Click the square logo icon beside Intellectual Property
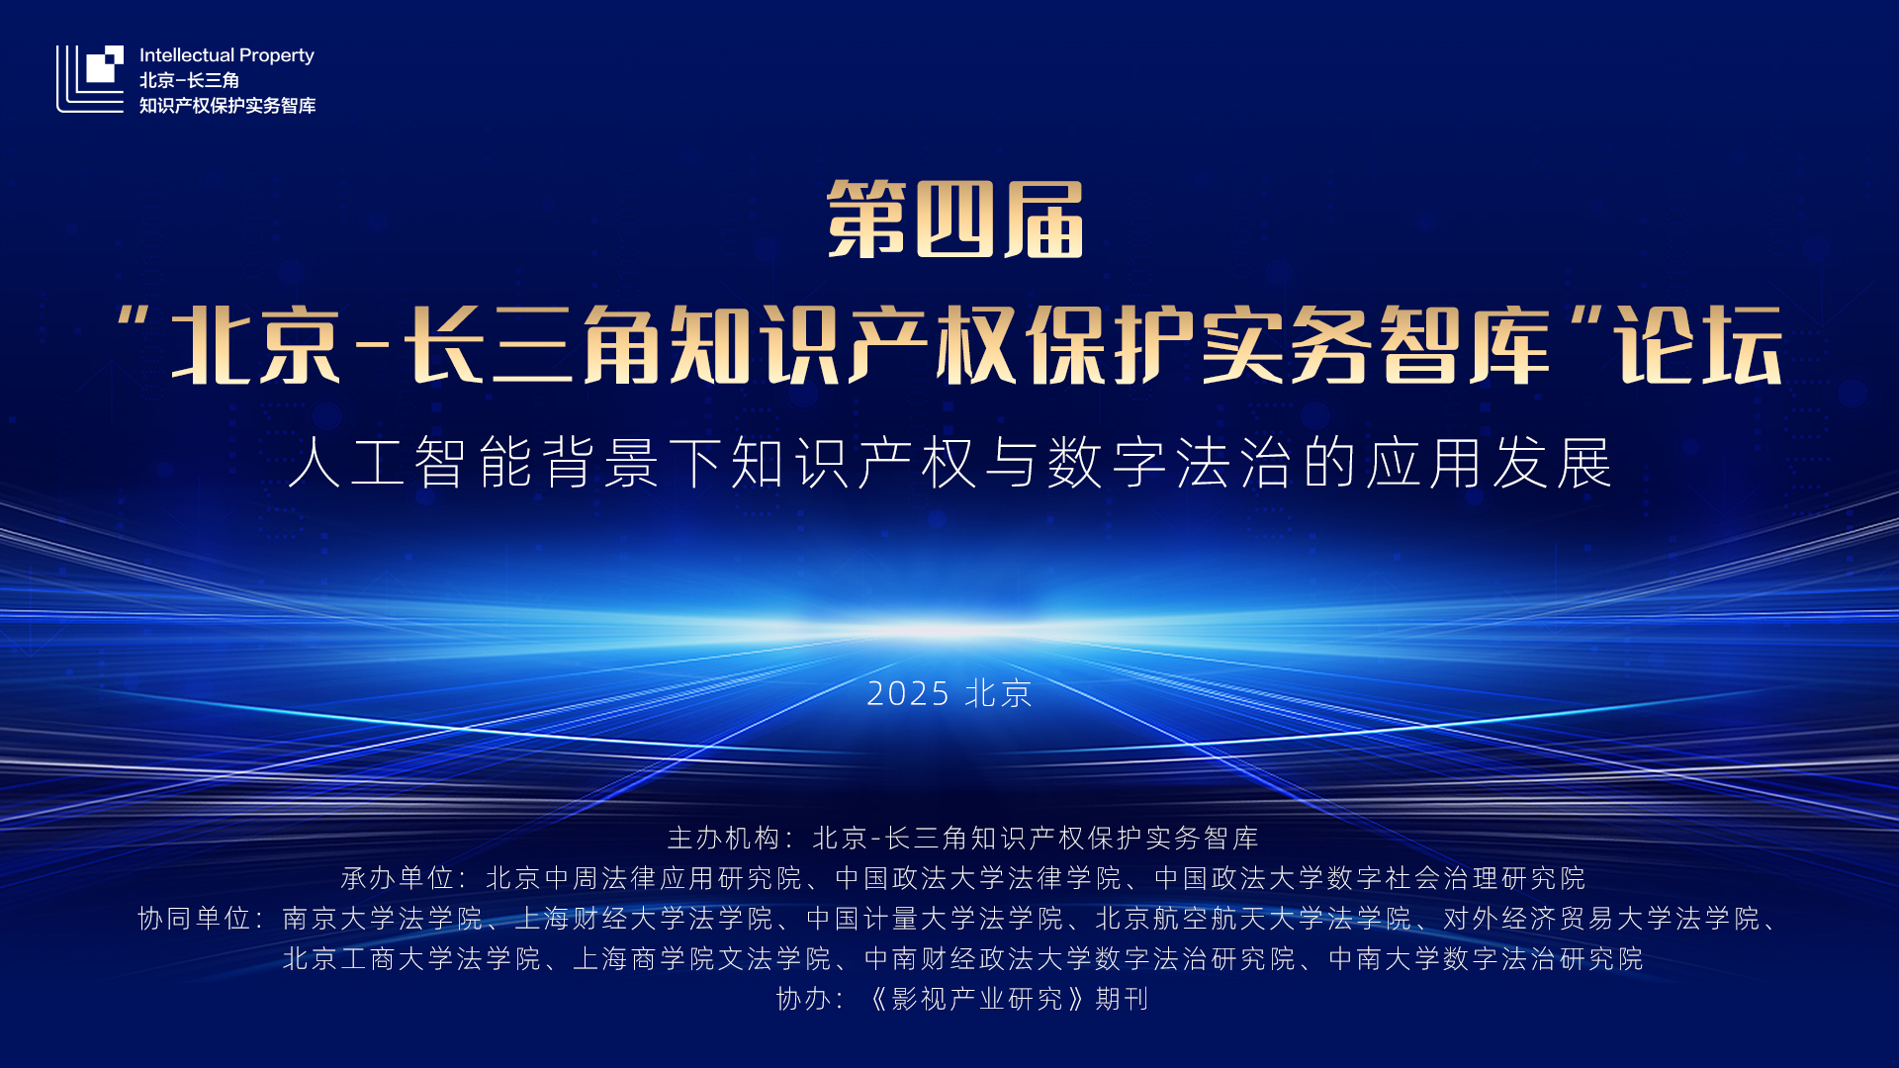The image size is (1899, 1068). tap(90, 78)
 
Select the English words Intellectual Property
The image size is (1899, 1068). tap(226, 55)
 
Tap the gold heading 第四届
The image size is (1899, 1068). tap(954, 220)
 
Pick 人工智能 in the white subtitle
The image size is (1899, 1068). tap(413, 462)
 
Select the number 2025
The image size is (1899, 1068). tap(908, 693)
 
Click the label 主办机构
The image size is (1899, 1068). tap(724, 838)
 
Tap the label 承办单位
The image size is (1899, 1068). tap(398, 878)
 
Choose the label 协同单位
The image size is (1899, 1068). tap(195, 919)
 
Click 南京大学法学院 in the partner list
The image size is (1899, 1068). tap(383, 919)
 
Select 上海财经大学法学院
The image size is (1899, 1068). tap(644, 919)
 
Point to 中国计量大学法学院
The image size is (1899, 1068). tap(935, 919)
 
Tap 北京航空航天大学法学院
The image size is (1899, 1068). tap(1254, 919)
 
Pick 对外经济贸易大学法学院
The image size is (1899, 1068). tap(1602, 919)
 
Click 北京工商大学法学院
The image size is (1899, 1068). tap(412, 959)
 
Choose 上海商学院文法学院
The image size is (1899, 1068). tap(702, 959)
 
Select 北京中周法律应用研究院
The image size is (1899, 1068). tap(644, 878)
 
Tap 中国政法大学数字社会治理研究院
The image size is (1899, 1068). tap(1370, 878)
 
